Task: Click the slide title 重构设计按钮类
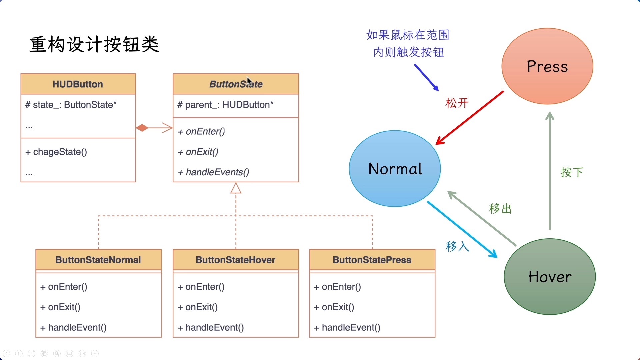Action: coord(94,44)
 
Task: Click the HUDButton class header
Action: coord(78,84)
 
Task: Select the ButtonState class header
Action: coord(236,84)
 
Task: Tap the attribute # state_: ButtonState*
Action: coord(71,105)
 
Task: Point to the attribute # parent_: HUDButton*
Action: coord(225,105)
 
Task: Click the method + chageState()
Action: coord(56,152)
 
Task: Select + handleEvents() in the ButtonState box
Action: coord(214,172)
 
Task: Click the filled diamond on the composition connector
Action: coord(142,128)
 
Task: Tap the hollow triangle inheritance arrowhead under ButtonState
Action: coord(236,188)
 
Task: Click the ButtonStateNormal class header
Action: coord(98,260)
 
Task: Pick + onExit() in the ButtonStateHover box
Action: coord(198,307)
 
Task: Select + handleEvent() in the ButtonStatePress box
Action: coord(347,327)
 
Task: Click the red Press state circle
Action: coord(547,66)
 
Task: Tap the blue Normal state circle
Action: coord(395,169)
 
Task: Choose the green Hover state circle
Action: coord(550,277)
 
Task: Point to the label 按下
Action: coord(572,172)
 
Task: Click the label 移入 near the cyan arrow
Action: coord(457,247)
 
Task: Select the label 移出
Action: coord(500,209)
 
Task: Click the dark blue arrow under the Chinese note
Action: coord(426,77)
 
